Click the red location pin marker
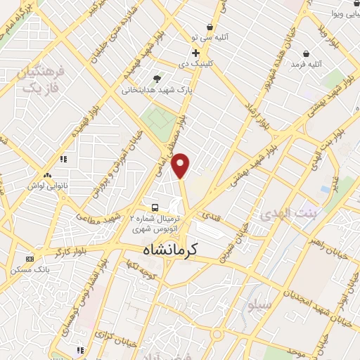point(181,166)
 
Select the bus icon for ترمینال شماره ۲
point(155,207)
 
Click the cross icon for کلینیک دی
point(195,53)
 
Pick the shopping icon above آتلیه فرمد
point(307,53)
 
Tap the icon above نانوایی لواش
point(46,176)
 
